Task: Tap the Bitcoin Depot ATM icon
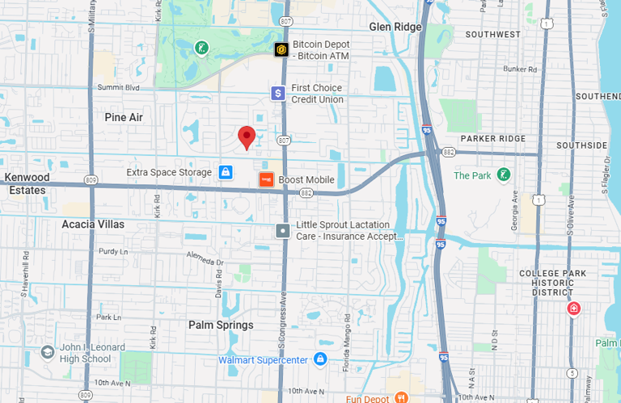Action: click(281, 49)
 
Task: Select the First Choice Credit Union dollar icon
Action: click(278, 94)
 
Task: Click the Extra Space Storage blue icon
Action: click(226, 172)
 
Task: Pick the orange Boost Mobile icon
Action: click(265, 180)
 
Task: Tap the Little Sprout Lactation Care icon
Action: click(282, 231)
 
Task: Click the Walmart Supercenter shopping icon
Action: click(320, 359)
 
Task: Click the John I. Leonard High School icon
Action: click(48, 353)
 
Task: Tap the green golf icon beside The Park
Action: click(504, 175)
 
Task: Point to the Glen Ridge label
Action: click(395, 27)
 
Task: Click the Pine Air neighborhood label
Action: click(124, 117)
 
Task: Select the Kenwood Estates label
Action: click(27, 183)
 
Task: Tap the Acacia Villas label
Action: click(94, 224)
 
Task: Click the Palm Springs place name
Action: click(221, 325)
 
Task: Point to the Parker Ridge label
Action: click(494, 138)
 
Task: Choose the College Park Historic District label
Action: click(552, 283)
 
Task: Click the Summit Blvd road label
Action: click(118, 87)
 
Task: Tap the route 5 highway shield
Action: click(572, 372)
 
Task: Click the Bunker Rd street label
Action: click(520, 69)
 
